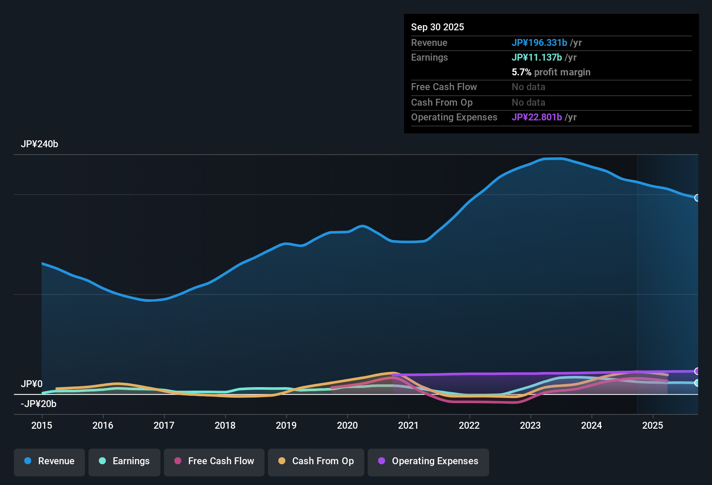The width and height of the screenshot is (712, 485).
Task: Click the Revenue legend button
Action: (49, 461)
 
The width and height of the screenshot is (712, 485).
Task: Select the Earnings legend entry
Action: (124, 461)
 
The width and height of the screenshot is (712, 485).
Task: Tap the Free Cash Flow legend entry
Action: (214, 461)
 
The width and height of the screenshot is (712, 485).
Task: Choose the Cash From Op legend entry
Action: (316, 461)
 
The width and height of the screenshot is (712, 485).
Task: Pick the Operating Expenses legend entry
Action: (428, 461)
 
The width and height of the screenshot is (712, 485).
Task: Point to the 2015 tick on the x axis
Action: (42, 425)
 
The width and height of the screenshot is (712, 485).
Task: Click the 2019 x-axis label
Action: (286, 425)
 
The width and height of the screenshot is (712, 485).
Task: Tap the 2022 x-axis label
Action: (469, 425)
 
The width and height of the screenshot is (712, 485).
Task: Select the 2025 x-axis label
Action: (653, 425)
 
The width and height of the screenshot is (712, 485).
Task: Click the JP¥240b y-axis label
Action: (39, 144)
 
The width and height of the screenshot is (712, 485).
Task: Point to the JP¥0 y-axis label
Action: (32, 384)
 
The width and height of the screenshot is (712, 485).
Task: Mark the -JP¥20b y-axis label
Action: (39, 404)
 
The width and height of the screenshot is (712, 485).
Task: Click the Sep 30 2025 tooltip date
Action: (438, 27)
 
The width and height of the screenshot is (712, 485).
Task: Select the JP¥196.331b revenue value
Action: (539, 42)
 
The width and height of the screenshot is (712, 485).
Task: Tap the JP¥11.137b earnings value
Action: (537, 57)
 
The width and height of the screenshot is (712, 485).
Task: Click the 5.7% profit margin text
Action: (551, 72)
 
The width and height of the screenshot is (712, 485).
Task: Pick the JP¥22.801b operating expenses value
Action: (537, 117)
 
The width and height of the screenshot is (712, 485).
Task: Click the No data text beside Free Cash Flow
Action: (528, 87)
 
